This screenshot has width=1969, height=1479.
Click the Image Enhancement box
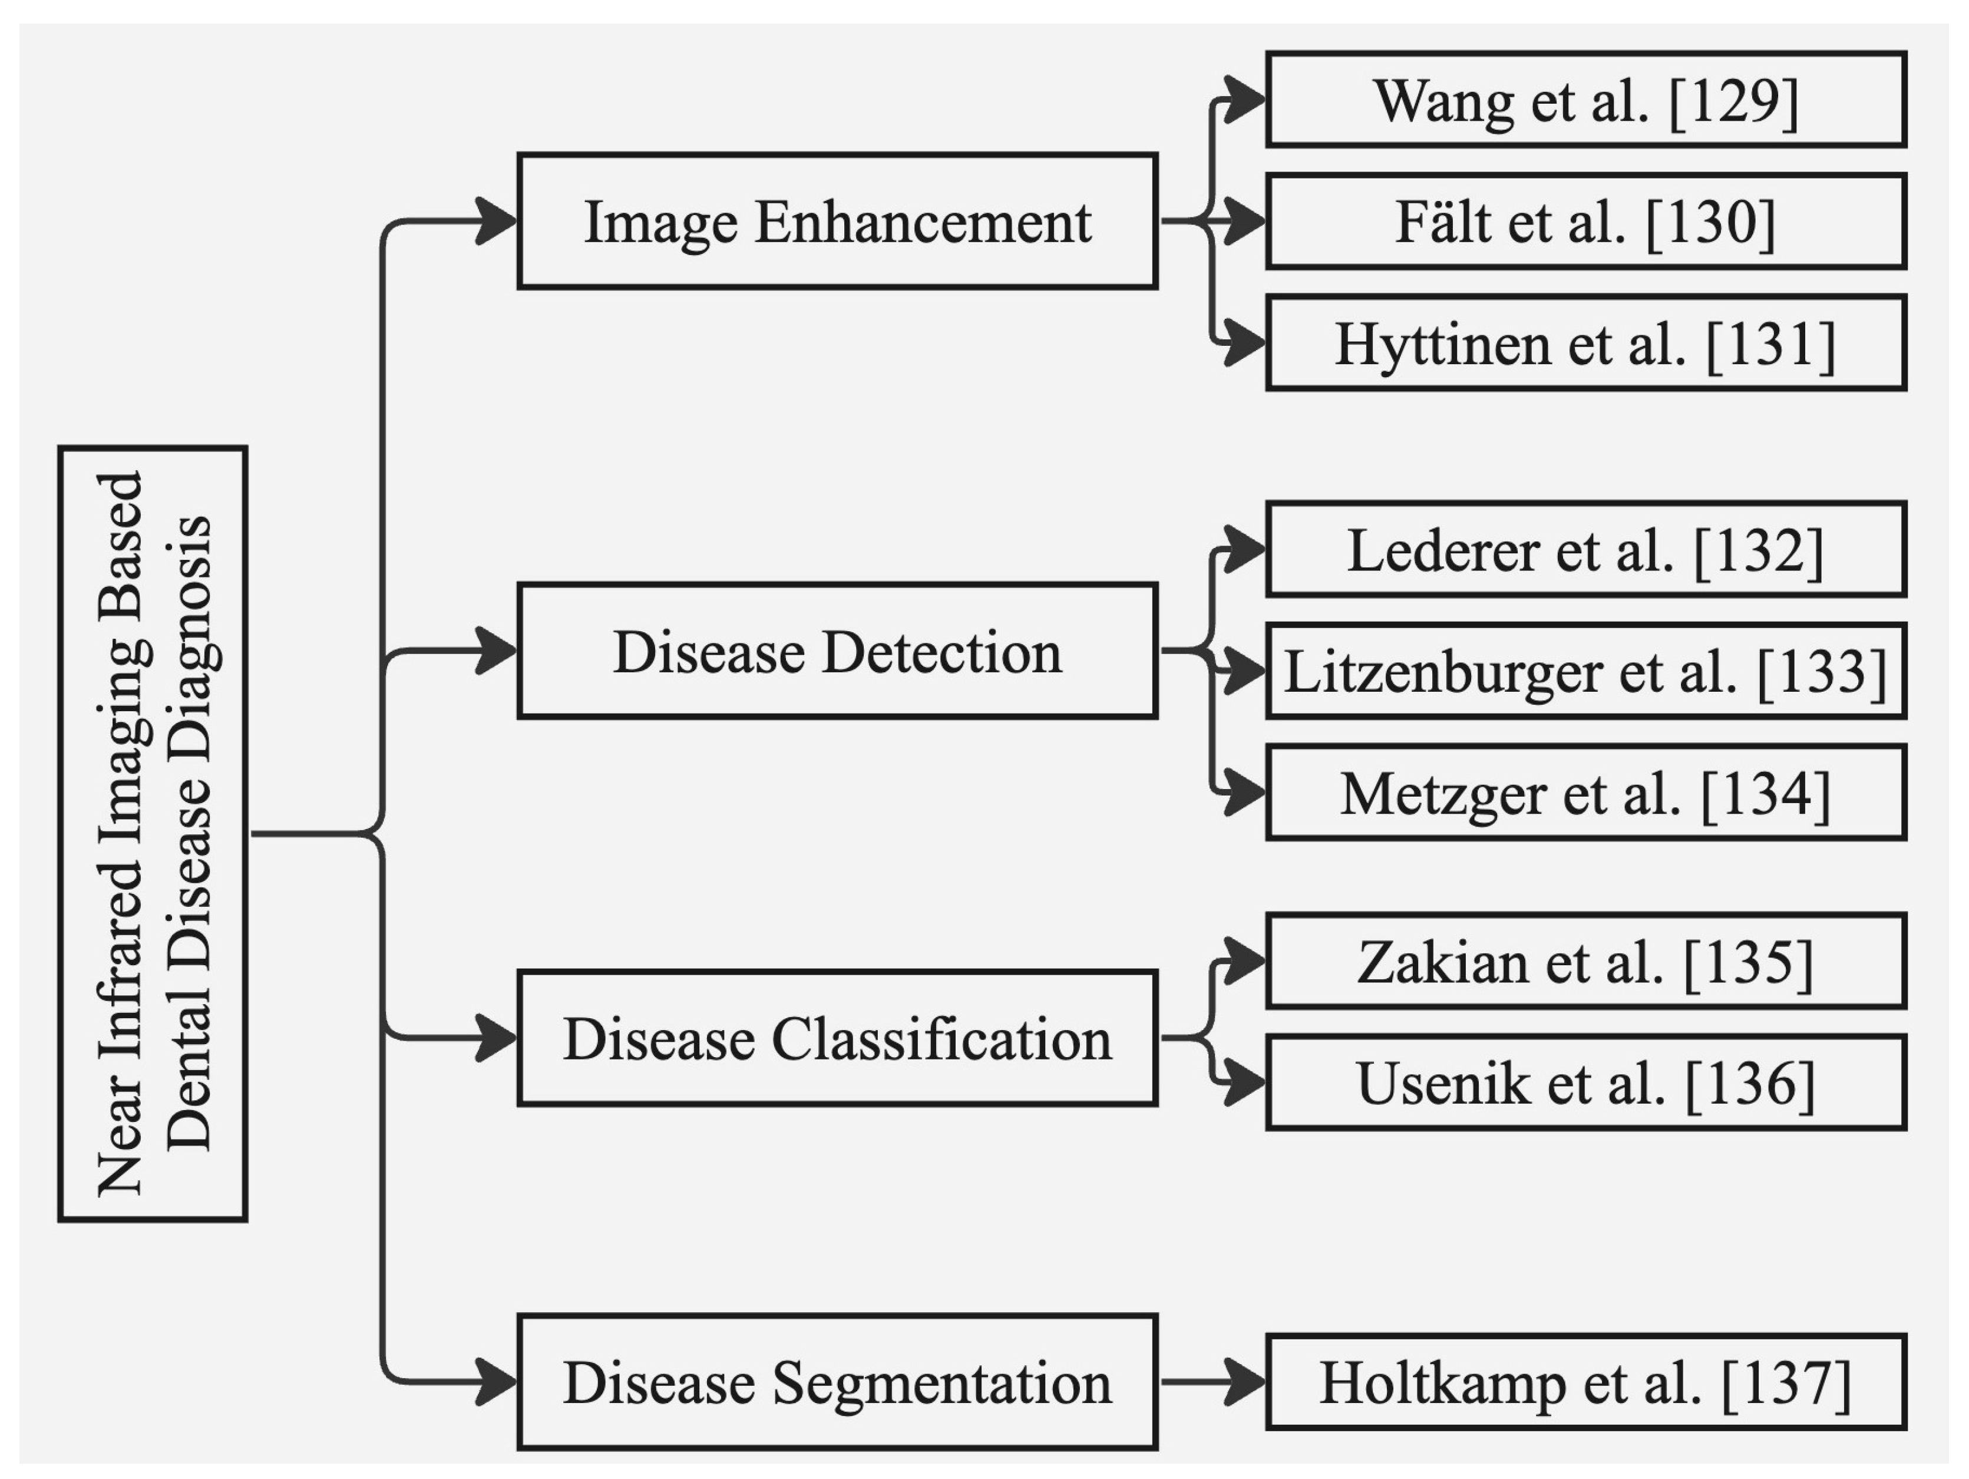click(837, 221)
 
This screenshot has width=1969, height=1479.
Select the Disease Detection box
click(837, 651)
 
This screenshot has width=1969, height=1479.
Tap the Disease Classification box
click(837, 1038)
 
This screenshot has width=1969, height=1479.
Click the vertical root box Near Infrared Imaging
click(152, 833)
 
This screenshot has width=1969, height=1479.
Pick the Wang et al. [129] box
click(1585, 100)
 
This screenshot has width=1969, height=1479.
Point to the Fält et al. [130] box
click(1585, 221)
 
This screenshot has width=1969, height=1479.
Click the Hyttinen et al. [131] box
click(1585, 343)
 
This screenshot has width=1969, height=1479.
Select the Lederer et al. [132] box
click(1585, 549)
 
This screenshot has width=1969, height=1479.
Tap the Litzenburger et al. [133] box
click(1585, 671)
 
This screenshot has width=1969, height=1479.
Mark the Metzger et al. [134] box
click(1585, 793)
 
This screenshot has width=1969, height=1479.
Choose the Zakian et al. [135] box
click(1585, 961)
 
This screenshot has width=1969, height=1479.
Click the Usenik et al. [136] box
click(1585, 1083)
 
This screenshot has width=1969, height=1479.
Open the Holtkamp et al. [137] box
click(1585, 1382)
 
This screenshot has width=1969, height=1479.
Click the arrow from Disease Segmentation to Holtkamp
click(1211, 1382)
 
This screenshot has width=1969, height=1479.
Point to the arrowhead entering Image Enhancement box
click(497, 221)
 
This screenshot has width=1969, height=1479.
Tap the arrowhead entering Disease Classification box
click(497, 1038)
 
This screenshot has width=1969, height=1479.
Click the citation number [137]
click(1786, 1383)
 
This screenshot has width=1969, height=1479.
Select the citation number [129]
click(1733, 101)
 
